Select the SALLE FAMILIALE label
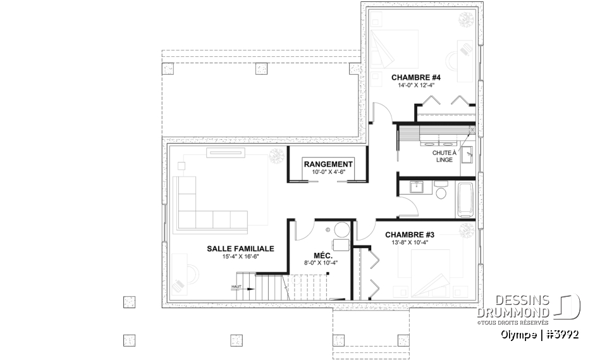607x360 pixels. coord(240,249)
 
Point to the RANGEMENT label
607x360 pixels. coord(328,164)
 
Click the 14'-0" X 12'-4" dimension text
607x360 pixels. coord(415,85)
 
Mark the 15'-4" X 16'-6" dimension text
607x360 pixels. coord(240,257)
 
